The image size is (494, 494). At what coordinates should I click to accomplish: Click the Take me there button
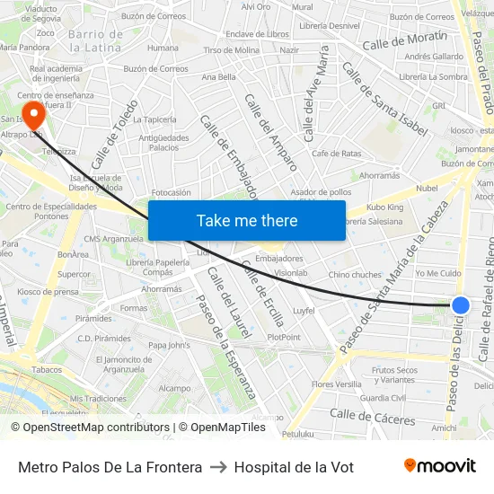pyautogui.click(x=247, y=220)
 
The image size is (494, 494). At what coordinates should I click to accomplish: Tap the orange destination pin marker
pyautogui.click(x=33, y=114)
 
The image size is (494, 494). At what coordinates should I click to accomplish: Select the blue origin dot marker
pyautogui.click(x=461, y=305)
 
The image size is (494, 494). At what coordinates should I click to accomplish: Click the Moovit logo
pyautogui.click(x=439, y=465)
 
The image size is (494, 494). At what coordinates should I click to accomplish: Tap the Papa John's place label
pyautogui.click(x=169, y=345)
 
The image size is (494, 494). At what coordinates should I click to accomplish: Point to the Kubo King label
pyautogui.click(x=385, y=207)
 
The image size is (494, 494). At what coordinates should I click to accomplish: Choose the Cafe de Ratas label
pyautogui.click(x=337, y=154)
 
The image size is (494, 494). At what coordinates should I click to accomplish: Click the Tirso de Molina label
pyautogui.click(x=232, y=50)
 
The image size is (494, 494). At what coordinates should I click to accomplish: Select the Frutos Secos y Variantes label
pyautogui.click(x=394, y=374)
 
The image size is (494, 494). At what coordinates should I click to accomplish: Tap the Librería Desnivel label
pyautogui.click(x=331, y=26)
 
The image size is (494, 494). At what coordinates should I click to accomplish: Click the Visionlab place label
pyautogui.click(x=290, y=273)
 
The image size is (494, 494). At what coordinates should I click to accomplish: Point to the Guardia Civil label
pyautogui.click(x=383, y=398)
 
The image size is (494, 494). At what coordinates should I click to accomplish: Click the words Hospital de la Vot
pyautogui.click(x=294, y=467)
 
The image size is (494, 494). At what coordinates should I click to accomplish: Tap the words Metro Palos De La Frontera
pyautogui.click(x=110, y=467)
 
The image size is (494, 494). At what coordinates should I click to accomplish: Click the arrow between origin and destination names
pyautogui.click(x=218, y=467)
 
